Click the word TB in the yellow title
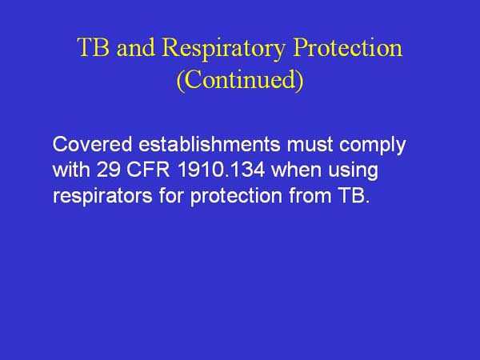93,49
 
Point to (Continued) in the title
239,82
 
